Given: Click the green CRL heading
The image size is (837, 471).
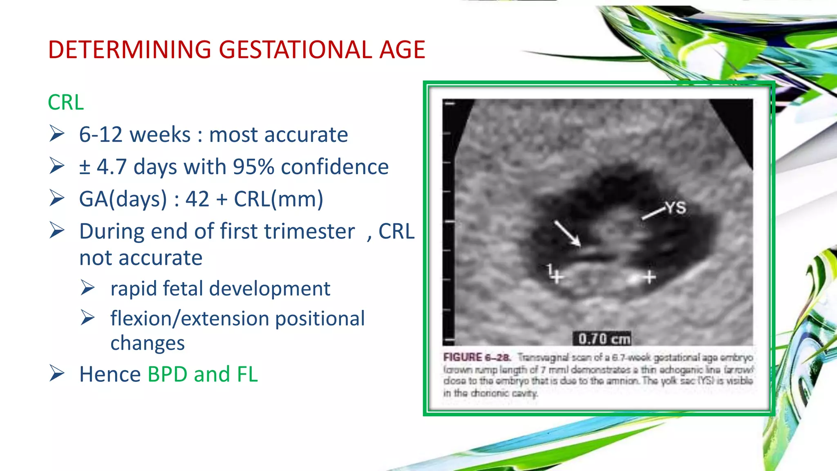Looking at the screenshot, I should [66, 102].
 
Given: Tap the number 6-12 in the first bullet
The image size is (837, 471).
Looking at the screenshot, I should [101, 135].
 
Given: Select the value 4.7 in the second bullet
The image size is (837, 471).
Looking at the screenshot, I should [112, 167].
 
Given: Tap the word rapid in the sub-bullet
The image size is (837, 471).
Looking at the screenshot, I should [133, 289].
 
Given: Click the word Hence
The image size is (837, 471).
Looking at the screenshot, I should [110, 374].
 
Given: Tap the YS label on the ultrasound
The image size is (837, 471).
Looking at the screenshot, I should [676, 208].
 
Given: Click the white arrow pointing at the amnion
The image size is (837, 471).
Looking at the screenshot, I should [567, 233].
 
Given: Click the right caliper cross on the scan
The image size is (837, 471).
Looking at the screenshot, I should [649, 277].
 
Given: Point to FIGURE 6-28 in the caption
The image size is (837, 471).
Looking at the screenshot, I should [476, 357].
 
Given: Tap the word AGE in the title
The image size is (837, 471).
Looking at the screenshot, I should [402, 50].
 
